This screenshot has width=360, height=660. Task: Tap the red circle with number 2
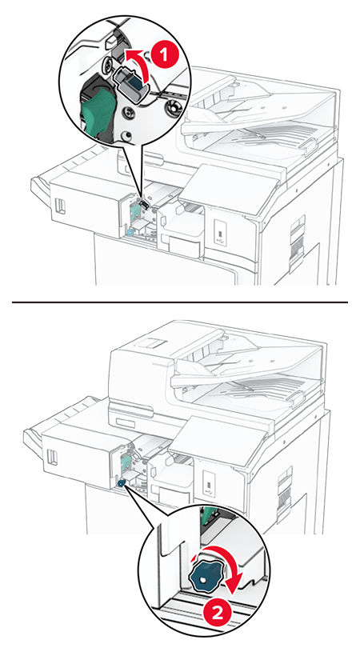click(x=218, y=614)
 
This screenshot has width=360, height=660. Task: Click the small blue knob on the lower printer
click(x=122, y=483)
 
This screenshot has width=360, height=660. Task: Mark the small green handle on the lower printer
click(x=126, y=460)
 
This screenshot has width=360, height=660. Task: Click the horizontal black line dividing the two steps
click(x=180, y=302)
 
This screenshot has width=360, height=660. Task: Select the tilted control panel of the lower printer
click(x=218, y=439)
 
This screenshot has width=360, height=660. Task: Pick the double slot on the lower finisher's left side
click(x=52, y=458)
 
